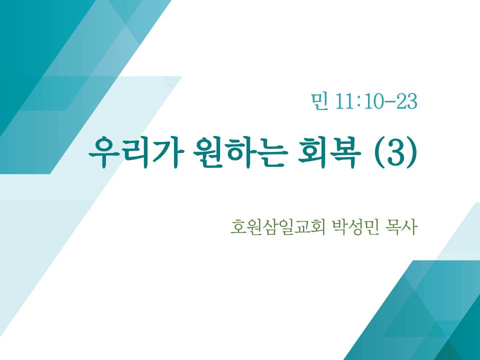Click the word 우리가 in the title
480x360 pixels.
click(x=136, y=152)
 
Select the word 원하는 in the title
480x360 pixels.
click(x=240, y=152)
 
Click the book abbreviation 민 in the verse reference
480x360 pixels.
click(x=319, y=101)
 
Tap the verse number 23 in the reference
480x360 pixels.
click(x=406, y=101)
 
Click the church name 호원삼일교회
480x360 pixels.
click(x=277, y=227)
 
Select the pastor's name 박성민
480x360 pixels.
click(x=356, y=227)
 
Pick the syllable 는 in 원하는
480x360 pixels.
click(x=273, y=152)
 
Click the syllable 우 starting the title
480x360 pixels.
click(x=104, y=152)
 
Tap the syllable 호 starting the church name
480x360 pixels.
click(x=238, y=227)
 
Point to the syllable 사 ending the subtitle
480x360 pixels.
click(x=409, y=227)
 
